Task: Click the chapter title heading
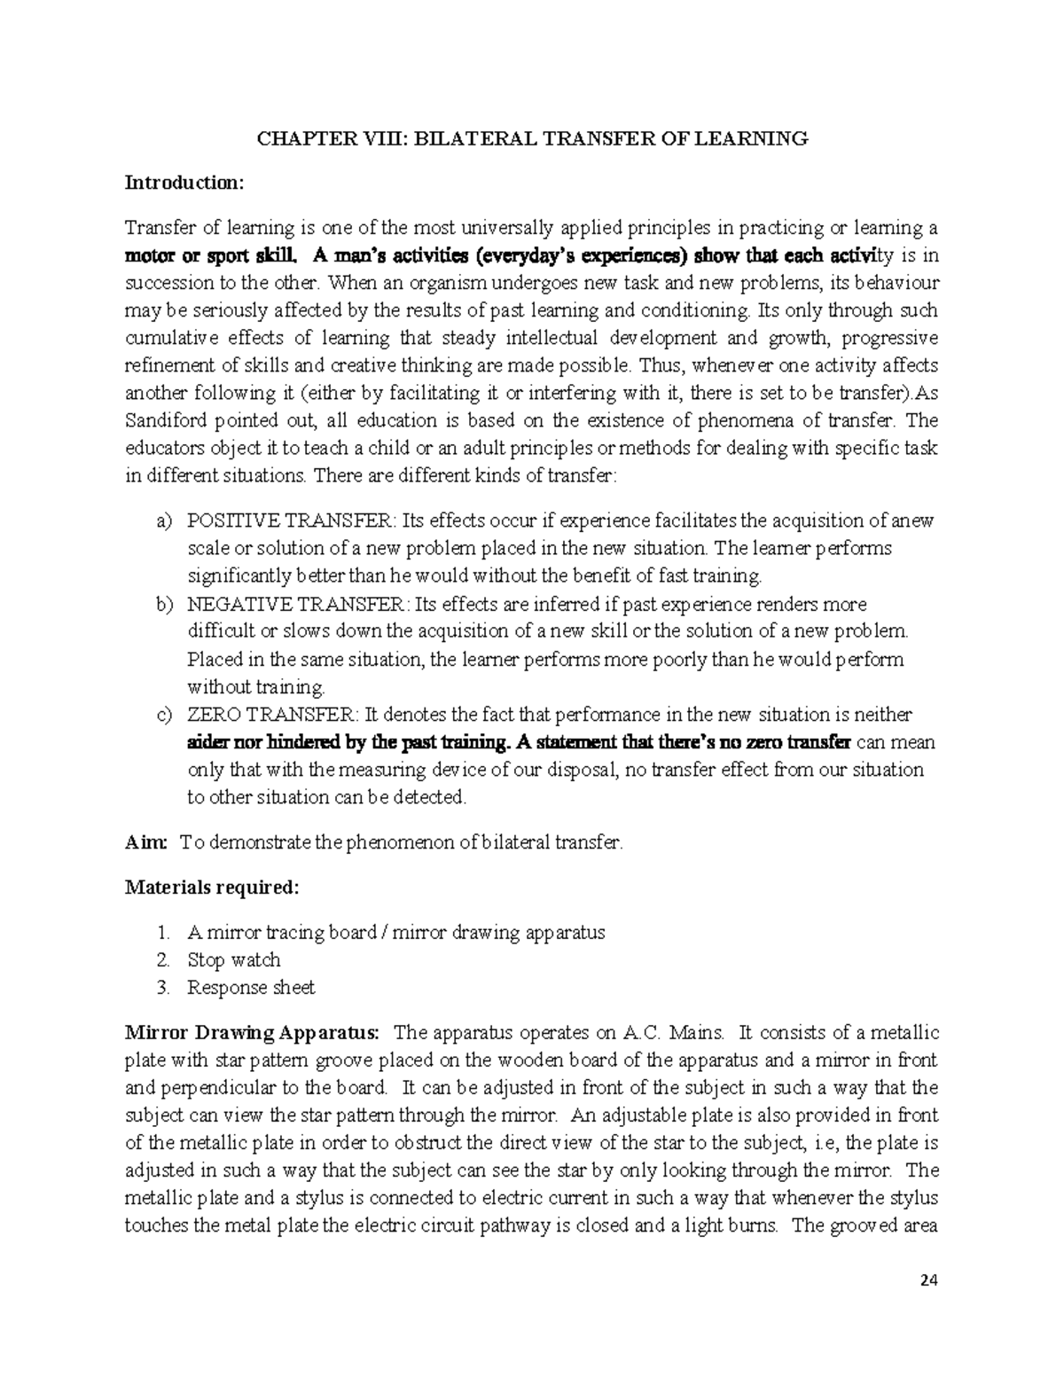tap(532, 138)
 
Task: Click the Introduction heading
tap(183, 183)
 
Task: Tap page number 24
tap(928, 1280)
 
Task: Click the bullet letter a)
tap(163, 520)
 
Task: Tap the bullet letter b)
tap(163, 604)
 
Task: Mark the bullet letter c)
tap(163, 715)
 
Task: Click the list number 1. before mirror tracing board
tap(162, 933)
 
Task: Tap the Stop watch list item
tap(234, 960)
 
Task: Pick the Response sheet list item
tap(251, 988)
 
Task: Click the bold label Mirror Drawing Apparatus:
tap(253, 1033)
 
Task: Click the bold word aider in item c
tap(209, 742)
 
